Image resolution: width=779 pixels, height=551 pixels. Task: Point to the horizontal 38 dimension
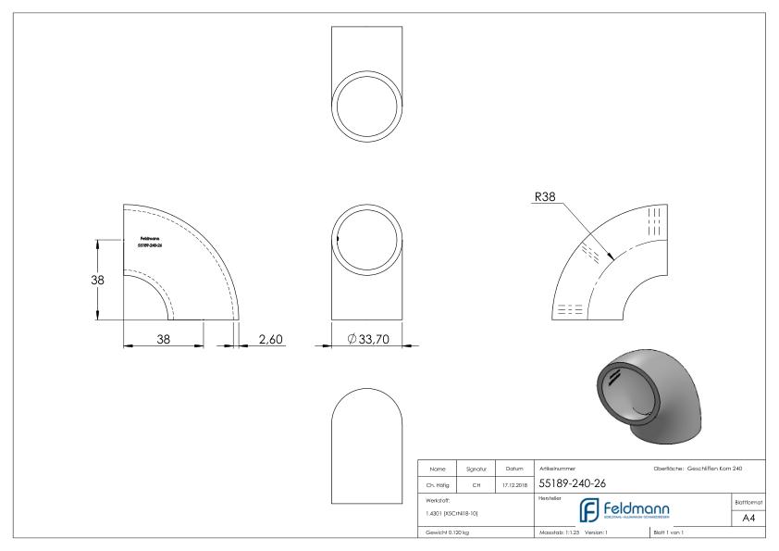(163, 340)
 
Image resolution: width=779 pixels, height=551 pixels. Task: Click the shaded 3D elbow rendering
(644, 390)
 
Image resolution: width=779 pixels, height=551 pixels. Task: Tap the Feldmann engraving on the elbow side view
(149, 242)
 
